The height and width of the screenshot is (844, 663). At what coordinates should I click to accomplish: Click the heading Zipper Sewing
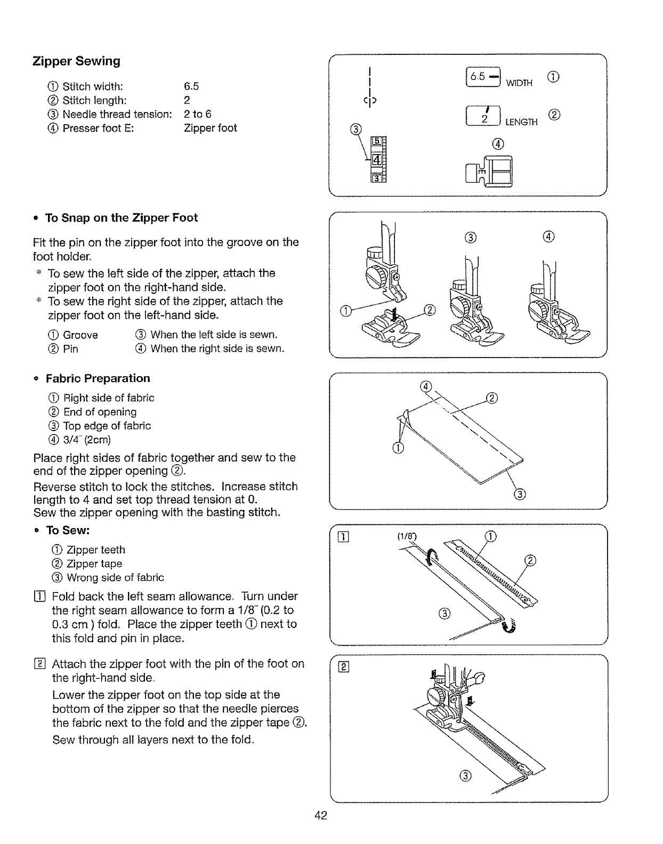pos(76,61)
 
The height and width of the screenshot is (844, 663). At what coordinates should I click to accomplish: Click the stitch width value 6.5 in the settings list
pos(191,86)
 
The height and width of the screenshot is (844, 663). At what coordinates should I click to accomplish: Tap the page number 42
pos(320,815)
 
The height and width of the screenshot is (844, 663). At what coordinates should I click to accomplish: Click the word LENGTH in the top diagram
pos(522,123)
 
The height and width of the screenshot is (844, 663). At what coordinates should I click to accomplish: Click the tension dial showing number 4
pos(376,159)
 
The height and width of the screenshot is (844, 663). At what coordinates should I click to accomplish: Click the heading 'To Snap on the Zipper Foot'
pos(121,218)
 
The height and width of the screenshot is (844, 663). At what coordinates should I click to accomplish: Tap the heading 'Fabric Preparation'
pos(98,379)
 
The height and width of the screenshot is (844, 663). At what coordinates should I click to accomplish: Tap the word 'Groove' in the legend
pos(80,335)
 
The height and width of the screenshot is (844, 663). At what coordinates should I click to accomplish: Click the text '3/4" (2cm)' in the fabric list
pos(87,440)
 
